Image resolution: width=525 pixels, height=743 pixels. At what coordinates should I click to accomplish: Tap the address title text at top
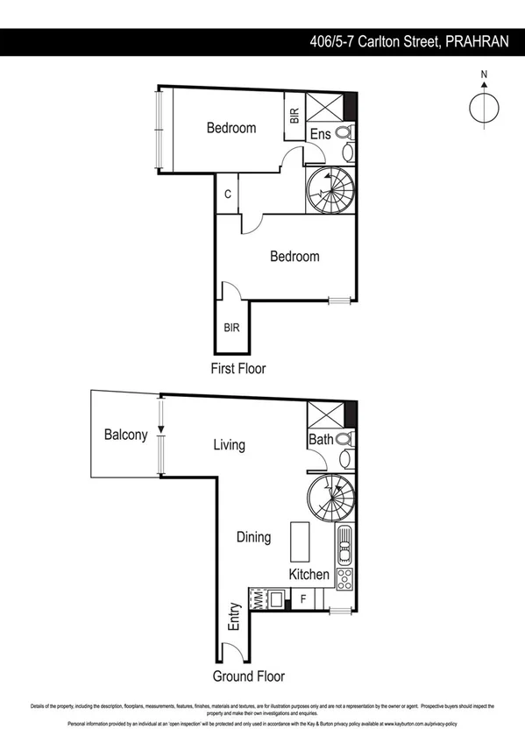(409, 41)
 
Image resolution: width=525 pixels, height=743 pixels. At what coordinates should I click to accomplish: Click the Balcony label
(125, 435)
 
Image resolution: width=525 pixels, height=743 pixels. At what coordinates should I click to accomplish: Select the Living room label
(229, 445)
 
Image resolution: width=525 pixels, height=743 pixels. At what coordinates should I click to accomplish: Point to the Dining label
(253, 537)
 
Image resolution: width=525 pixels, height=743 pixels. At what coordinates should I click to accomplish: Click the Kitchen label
(309, 575)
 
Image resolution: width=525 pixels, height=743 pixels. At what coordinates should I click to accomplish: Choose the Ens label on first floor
(321, 134)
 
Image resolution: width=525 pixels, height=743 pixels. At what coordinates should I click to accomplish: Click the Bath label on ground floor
(321, 439)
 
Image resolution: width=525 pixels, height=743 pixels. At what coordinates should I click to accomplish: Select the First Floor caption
(238, 369)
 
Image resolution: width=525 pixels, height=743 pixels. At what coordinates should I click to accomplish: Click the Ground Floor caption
(249, 676)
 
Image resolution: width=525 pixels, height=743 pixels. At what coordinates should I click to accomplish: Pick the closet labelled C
(227, 195)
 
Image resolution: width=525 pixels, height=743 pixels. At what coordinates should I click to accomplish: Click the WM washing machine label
(259, 599)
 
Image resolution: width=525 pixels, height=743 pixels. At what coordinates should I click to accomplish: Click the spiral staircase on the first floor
(330, 191)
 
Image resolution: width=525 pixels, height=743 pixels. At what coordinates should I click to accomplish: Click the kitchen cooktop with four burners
(344, 578)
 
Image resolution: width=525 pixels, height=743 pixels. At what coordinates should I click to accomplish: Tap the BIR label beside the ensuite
(294, 115)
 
